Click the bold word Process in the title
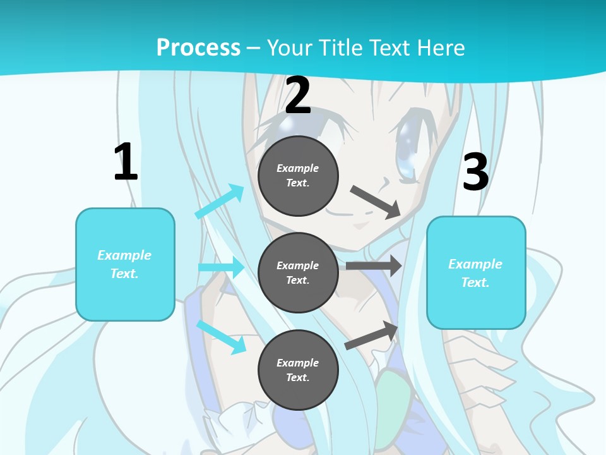coord(198,47)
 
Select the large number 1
coord(126,162)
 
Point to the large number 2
coord(298,95)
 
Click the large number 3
coord(475,173)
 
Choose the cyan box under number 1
coord(125,264)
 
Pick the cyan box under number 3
coord(476,272)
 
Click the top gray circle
coord(298,176)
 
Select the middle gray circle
coord(298,272)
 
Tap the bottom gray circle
coord(298,370)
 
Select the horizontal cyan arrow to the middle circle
coord(221,267)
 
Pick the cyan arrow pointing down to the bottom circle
coord(221,336)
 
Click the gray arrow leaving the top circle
coord(375,202)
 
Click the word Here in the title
coord(443,47)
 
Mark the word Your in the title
coord(288,47)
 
